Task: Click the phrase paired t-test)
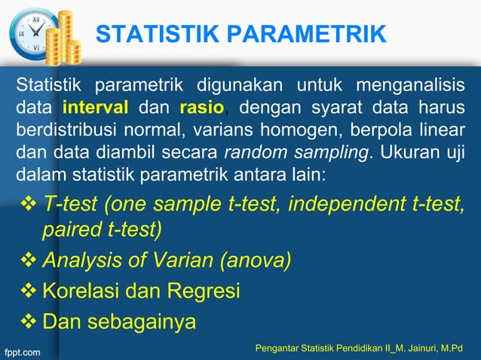click(x=102, y=229)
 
